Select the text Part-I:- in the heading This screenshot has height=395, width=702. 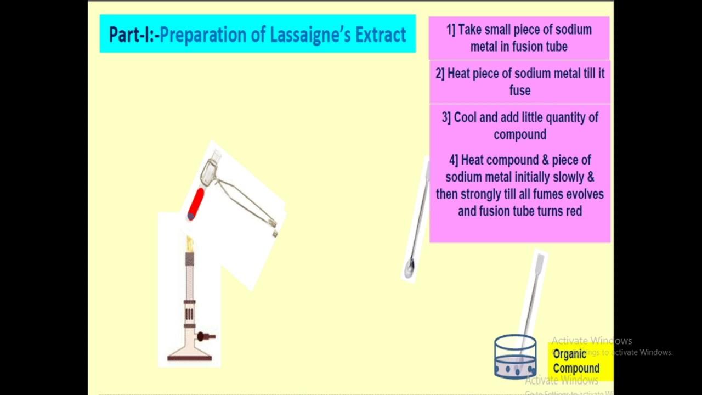tap(133, 35)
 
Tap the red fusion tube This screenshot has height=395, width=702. tap(196, 204)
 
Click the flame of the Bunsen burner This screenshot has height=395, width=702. tap(190, 244)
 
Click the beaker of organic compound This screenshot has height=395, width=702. tap(515, 357)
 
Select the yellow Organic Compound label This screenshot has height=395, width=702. tap(576, 361)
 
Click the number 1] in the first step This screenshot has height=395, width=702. tap(451, 30)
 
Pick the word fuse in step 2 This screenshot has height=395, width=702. tap(520, 91)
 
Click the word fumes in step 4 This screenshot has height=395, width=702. tap(551, 194)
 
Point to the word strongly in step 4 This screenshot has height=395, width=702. tap(483, 194)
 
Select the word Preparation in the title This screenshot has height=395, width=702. tap(203, 35)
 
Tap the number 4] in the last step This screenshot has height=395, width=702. tap(454, 160)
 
